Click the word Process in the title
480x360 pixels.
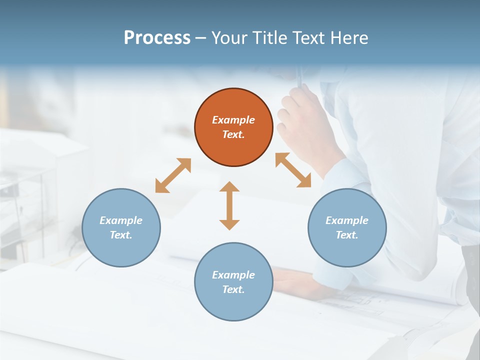click(157, 38)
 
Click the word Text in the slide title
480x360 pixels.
click(310, 38)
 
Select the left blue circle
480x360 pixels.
click(121, 227)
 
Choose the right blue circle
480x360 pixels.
click(347, 227)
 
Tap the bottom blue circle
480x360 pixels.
click(233, 282)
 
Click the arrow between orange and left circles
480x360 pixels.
click(173, 175)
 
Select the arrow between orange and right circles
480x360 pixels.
click(293, 170)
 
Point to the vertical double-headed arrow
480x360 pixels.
click(229, 205)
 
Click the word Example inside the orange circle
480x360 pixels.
click(233, 120)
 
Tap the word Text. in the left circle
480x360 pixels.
click(121, 235)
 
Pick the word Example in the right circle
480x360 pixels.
click(347, 220)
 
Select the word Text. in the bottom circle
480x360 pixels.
click(233, 289)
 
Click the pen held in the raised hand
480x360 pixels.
click(300, 77)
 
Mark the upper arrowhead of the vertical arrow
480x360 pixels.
click(229, 187)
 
